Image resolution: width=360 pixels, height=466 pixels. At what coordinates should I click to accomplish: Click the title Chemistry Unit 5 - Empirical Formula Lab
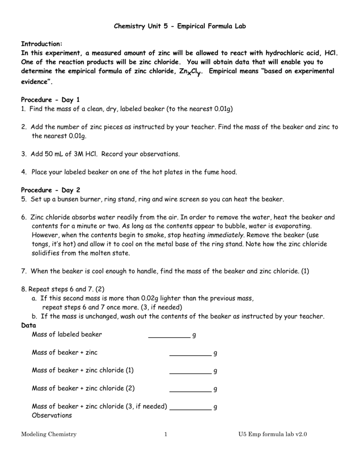pyautogui.click(x=180, y=26)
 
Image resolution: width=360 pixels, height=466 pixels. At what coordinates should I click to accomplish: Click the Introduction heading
pyautogui.click(x=42, y=44)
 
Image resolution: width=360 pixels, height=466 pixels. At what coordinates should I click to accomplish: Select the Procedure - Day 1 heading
pyautogui.click(x=51, y=99)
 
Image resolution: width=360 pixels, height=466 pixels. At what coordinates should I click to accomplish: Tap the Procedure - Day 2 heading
pyautogui.click(x=51, y=189)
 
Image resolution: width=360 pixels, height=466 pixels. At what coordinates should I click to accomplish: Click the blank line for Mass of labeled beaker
pyautogui.click(x=169, y=335)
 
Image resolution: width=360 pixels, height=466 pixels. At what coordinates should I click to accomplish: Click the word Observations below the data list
pyautogui.click(x=52, y=415)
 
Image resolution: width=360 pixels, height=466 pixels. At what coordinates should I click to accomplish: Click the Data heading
pyautogui.click(x=29, y=326)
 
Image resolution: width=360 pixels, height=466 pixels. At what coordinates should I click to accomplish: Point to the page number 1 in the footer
pyautogui.click(x=166, y=435)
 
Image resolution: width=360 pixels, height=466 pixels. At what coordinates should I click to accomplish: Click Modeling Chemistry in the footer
pyautogui.click(x=49, y=435)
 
